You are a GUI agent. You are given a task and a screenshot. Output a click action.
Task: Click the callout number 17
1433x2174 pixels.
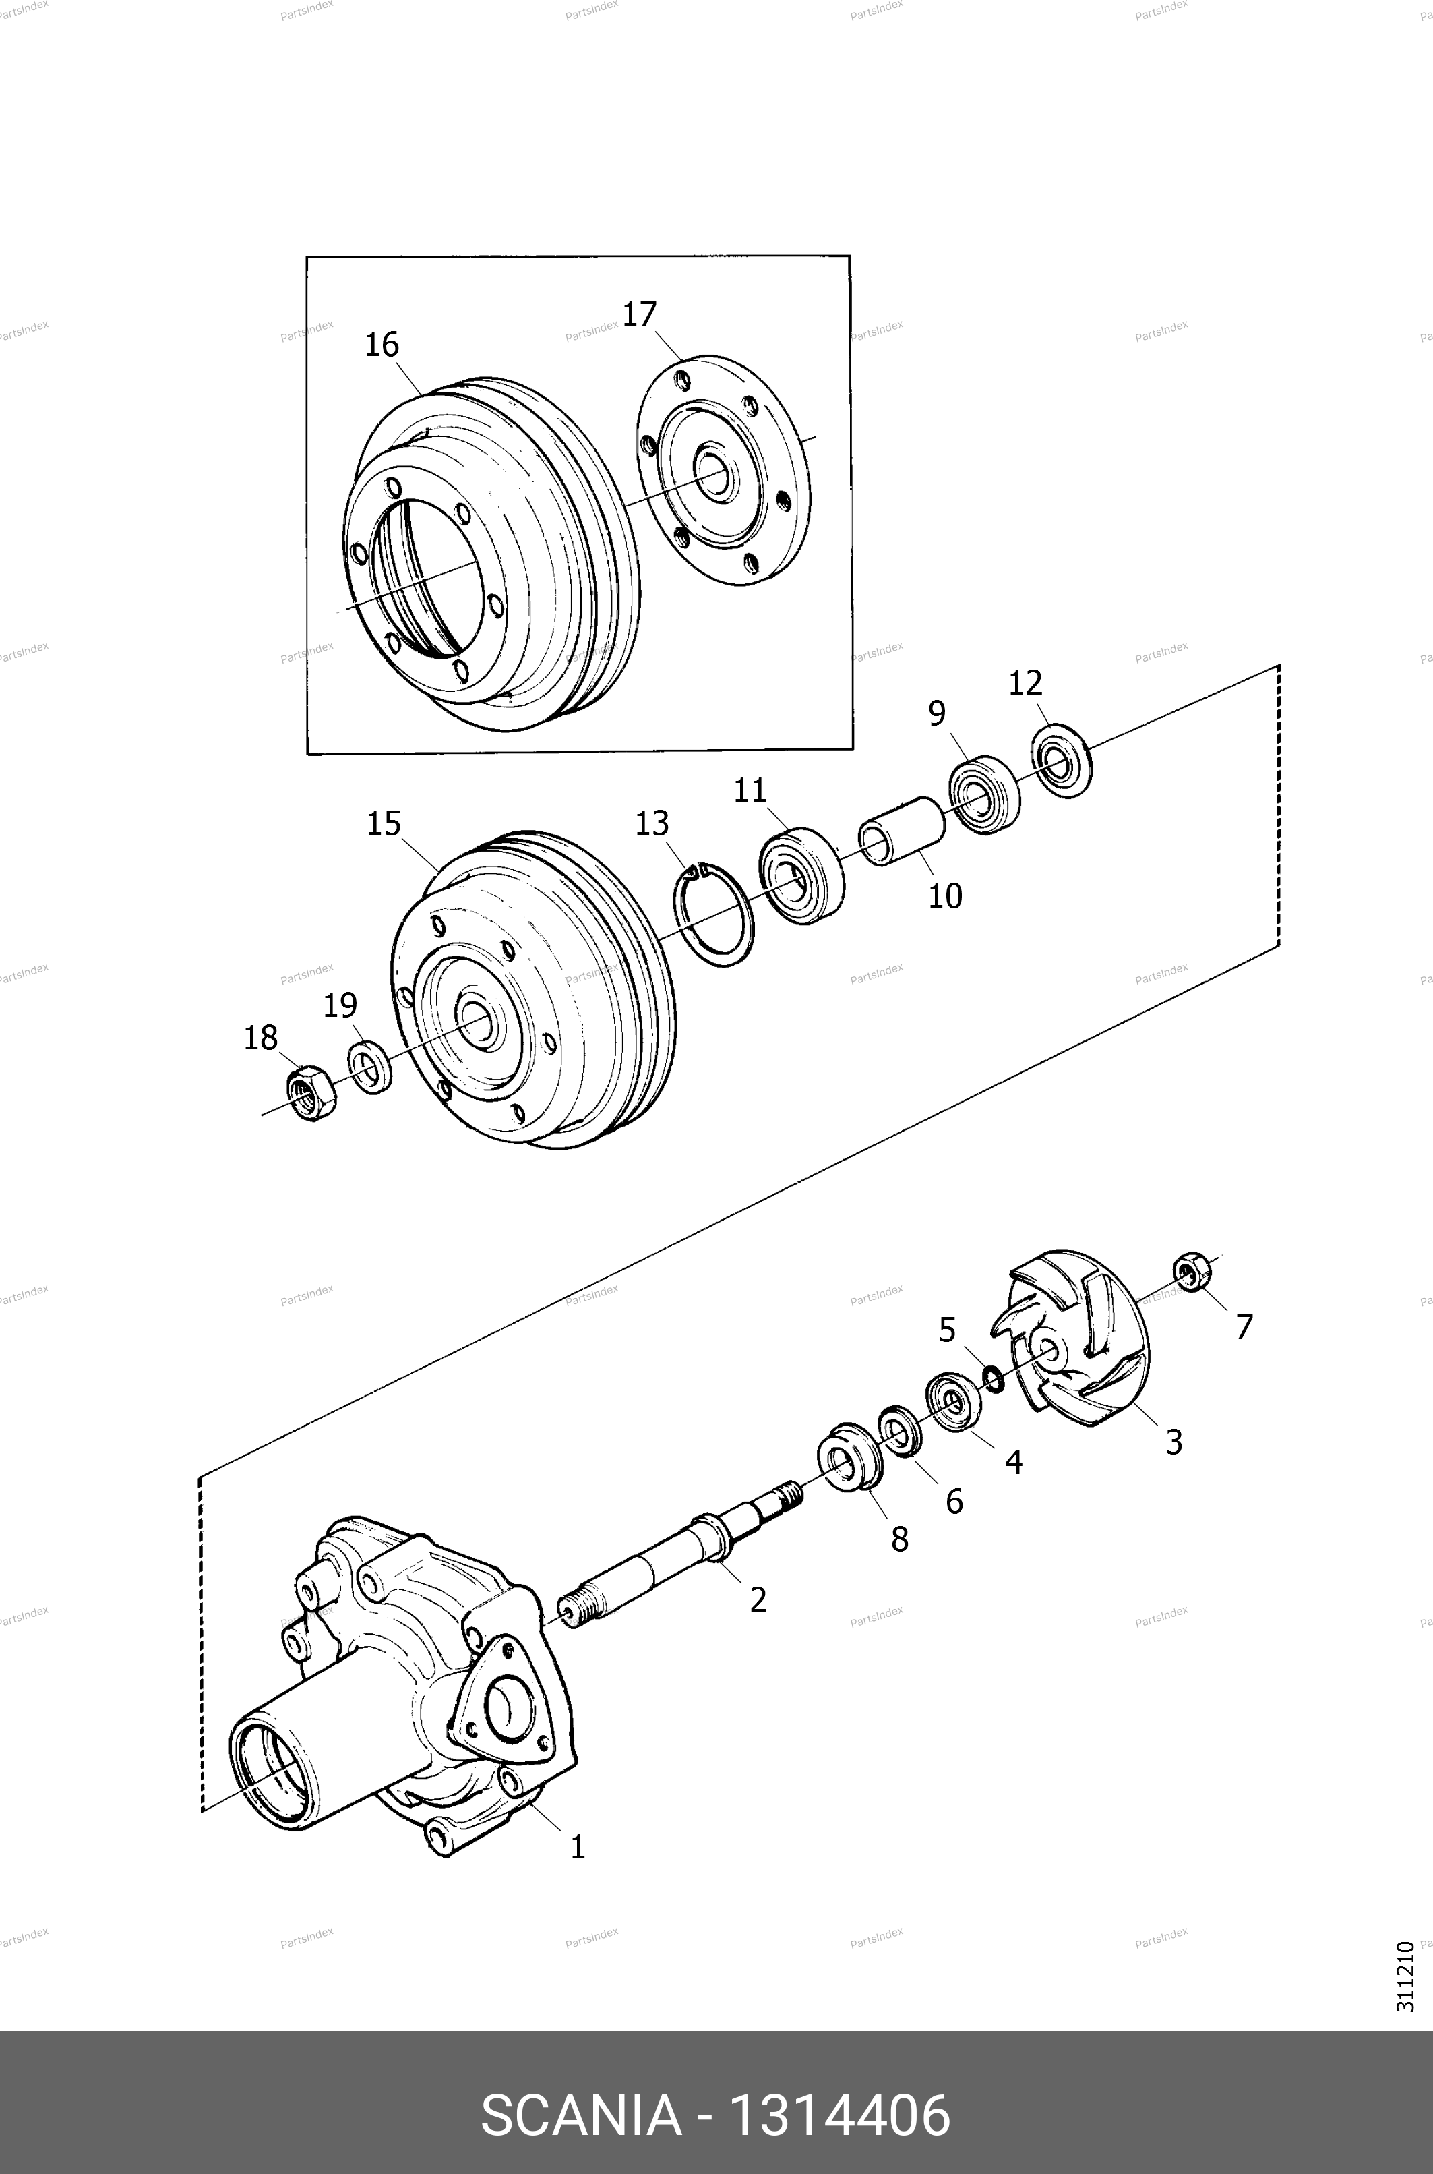click(x=640, y=314)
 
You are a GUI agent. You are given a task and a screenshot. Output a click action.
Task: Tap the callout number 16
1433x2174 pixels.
click(x=382, y=345)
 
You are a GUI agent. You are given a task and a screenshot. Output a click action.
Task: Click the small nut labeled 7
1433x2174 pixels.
click(x=1192, y=1272)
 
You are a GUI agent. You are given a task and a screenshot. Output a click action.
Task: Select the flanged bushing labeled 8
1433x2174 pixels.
click(x=850, y=1457)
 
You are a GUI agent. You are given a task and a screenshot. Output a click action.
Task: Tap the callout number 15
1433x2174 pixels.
click(x=384, y=824)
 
